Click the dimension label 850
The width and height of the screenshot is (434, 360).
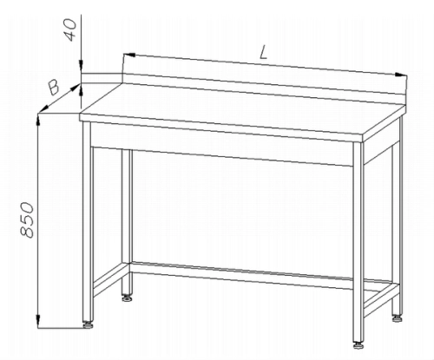point(28,220)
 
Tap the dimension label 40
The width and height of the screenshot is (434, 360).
point(70,29)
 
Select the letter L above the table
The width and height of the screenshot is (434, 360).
point(263,53)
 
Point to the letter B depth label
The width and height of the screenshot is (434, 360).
point(54,88)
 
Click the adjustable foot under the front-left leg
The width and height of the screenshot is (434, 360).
point(88,324)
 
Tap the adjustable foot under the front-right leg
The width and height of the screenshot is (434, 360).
point(358,345)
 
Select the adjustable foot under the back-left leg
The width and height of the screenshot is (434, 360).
point(127,298)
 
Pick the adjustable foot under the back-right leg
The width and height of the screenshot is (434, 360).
point(398,318)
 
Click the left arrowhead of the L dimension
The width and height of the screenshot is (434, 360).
point(129,55)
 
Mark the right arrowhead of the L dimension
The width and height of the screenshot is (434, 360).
point(401,75)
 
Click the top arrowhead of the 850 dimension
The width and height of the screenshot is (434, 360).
point(38,120)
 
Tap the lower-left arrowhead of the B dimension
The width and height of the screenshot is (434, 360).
point(43,108)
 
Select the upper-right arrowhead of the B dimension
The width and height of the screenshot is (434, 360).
point(76,87)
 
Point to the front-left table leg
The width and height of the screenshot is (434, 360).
point(88,221)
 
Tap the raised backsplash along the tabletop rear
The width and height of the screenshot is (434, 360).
point(265,85)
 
